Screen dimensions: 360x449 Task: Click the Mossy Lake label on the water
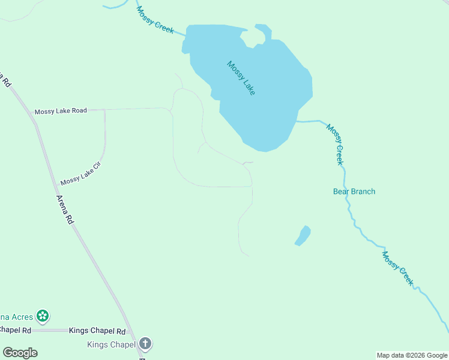pyautogui.click(x=241, y=78)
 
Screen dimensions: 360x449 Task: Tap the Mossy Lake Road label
pyautogui.click(x=61, y=111)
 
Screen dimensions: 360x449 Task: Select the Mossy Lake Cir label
pyautogui.click(x=79, y=173)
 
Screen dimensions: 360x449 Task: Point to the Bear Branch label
pyautogui.click(x=354, y=191)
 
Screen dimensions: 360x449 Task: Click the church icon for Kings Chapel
pyautogui.click(x=145, y=344)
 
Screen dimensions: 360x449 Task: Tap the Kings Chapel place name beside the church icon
pyautogui.click(x=111, y=344)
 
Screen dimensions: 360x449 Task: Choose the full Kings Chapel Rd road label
pyautogui.click(x=97, y=331)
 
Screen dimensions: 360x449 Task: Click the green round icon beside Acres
pyautogui.click(x=42, y=316)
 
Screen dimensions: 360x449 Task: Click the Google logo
pyautogui.click(x=20, y=353)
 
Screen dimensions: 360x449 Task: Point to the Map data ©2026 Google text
pyautogui.click(x=412, y=355)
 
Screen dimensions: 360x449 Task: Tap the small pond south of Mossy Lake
pyautogui.click(x=303, y=235)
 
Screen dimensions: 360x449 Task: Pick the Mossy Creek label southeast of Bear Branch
pyautogui.click(x=398, y=268)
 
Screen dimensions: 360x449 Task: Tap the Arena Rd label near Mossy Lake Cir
pyautogui.click(x=65, y=210)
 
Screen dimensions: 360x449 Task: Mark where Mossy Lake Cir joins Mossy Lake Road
pyautogui.click(x=105, y=110)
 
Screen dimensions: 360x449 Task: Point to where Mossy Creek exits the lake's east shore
pyautogui.click(x=296, y=121)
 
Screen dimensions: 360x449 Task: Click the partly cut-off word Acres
pyautogui.click(x=16, y=316)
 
